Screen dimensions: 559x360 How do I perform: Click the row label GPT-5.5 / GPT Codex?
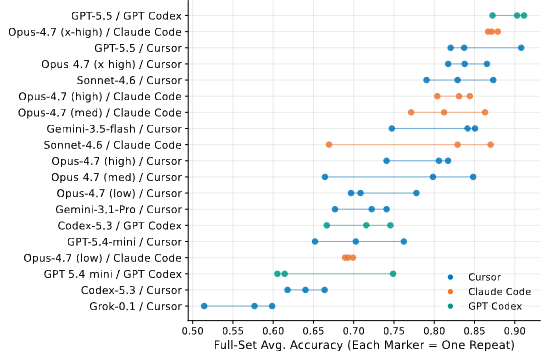coord(126,16)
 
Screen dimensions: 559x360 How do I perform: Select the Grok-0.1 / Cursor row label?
coord(135,306)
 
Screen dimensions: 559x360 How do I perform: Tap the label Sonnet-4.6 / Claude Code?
coord(113,145)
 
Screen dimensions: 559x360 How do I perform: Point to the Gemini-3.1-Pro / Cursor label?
coord(118,209)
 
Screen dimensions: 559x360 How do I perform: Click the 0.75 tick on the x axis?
coord(394,331)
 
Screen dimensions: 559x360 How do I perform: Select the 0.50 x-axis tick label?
coord(192,331)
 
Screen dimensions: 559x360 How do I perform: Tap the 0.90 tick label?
coord(515,331)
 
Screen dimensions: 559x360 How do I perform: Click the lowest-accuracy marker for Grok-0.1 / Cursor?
coord(204,306)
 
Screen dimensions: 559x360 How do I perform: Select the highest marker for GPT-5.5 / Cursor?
coord(521,48)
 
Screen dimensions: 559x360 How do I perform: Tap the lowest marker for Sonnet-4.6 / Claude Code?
coord(329,145)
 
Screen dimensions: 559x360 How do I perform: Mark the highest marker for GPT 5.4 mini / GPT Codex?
coord(393,274)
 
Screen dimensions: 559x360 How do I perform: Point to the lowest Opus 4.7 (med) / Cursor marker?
coord(325,177)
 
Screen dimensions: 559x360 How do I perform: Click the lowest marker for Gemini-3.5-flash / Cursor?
coord(392,129)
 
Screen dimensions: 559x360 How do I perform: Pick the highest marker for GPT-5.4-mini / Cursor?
coord(404,242)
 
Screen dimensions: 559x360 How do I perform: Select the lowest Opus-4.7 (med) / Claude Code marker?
coord(411,113)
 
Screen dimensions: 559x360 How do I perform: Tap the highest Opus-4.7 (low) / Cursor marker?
coord(416,193)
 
